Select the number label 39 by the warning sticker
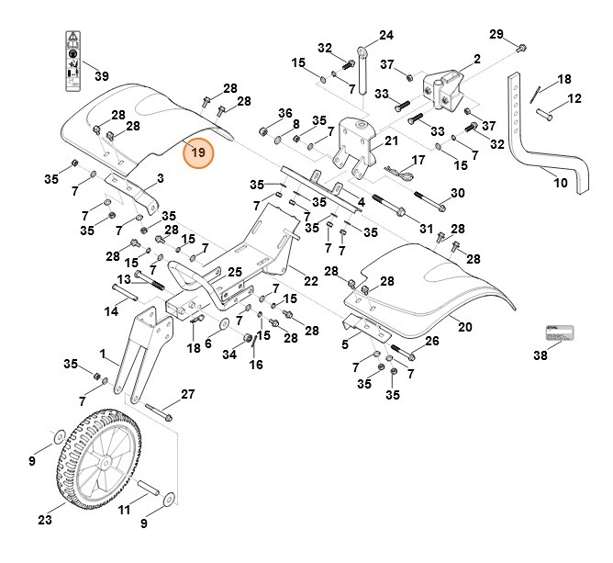point(101,75)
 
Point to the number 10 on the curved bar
point(561,183)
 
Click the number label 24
point(385,35)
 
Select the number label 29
point(496,34)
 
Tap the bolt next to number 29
point(521,47)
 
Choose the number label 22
point(311,280)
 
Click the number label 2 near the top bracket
point(477,59)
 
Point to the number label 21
point(391,141)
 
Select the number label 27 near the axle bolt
point(188,394)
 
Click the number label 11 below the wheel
point(125,509)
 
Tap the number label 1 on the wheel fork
point(104,353)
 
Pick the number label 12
point(574,98)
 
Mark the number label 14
point(110,312)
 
